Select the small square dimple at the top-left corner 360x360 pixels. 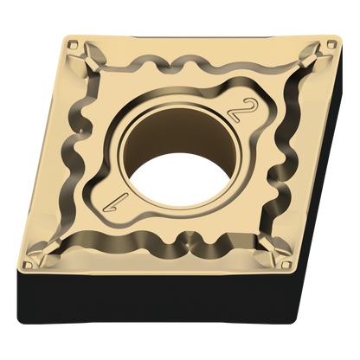[x=73, y=45]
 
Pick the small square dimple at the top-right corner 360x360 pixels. [x=331, y=44]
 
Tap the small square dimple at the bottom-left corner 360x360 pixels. [x=29, y=264]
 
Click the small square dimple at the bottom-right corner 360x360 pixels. [x=286, y=265]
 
